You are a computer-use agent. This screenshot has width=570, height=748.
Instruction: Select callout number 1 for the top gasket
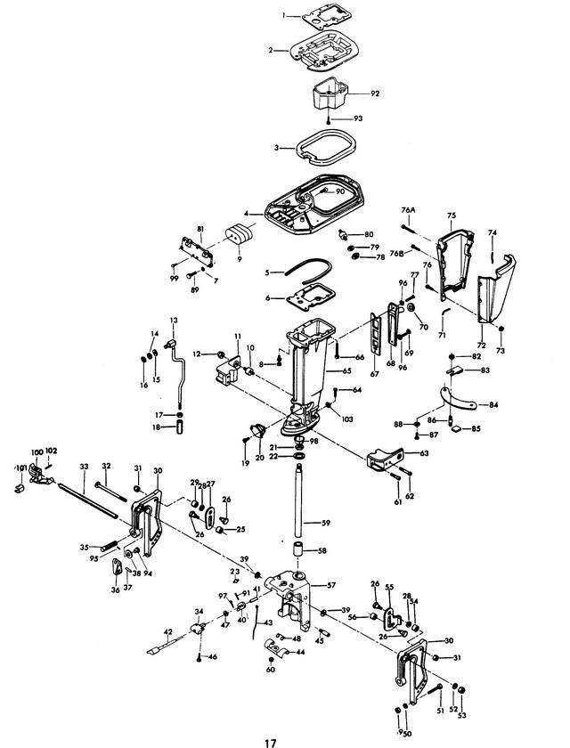click(285, 16)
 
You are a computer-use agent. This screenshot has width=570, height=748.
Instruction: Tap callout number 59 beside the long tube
click(326, 522)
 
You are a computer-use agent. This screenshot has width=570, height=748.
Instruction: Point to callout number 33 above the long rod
click(84, 466)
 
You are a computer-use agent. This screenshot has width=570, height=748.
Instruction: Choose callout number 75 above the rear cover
click(452, 215)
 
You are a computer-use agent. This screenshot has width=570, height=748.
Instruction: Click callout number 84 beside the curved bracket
click(493, 404)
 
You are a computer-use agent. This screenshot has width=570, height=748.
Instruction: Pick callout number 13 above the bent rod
click(173, 320)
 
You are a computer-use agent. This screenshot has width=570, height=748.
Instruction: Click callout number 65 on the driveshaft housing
click(347, 370)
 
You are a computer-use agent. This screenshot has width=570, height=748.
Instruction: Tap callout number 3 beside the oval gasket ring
click(278, 148)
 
